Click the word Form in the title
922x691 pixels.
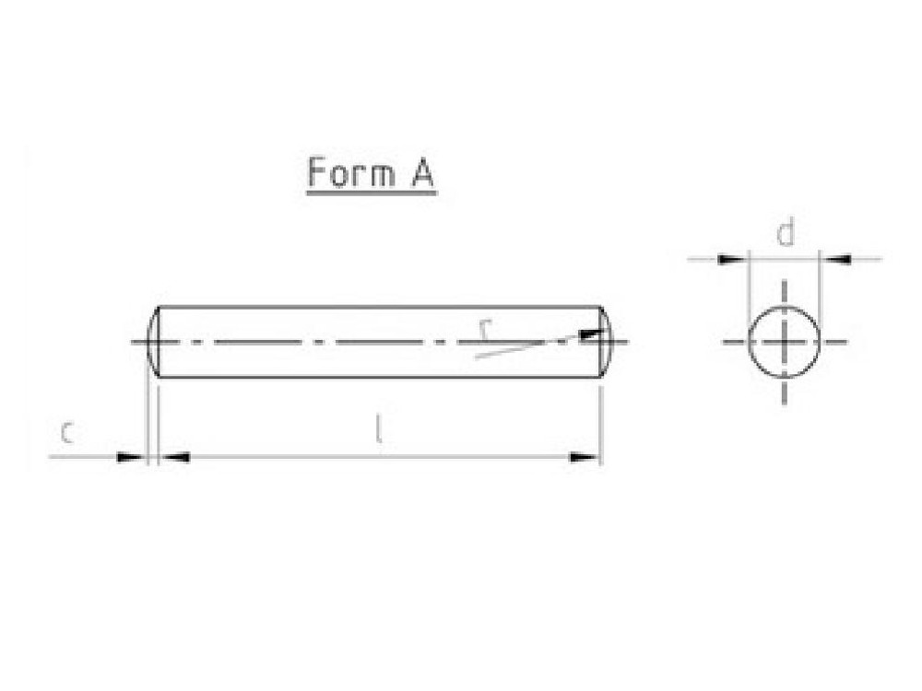coord(347,172)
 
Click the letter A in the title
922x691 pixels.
coord(420,172)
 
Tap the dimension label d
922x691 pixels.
coord(785,234)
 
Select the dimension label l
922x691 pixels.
coord(377,429)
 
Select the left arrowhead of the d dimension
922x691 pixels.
coord(732,259)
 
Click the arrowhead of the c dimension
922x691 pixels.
coord(132,456)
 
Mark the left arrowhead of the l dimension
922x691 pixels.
coord(175,456)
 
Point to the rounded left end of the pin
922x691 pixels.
coord(151,342)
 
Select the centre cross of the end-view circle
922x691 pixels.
coord(784,342)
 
